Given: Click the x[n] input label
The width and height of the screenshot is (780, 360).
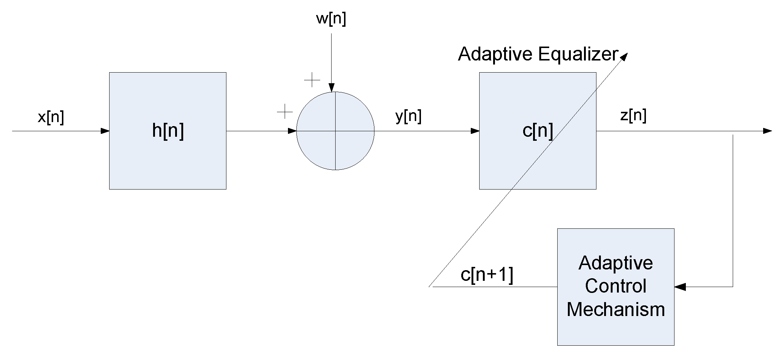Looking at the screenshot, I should [x=51, y=117].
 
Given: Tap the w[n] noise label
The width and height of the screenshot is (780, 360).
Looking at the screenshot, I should [x=331, y=19].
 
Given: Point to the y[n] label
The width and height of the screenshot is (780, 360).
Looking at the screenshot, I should [x=409, y=117].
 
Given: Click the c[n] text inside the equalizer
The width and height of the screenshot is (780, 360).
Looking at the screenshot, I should [x=537, y=130].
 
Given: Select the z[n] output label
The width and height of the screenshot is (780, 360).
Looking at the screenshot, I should [x=633, y=116].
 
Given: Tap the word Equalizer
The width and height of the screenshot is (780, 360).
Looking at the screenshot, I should [x=578, y=54].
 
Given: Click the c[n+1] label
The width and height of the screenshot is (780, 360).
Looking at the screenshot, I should [x=487, y=275].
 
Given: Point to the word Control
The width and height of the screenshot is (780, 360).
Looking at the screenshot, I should [x=616, y=286].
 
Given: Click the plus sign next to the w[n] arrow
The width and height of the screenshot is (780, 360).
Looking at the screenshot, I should [x=312, y=80].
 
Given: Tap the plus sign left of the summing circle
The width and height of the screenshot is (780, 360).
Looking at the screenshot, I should [x=285, y=111].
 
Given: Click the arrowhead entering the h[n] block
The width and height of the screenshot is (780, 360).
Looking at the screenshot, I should [x=105, y=131].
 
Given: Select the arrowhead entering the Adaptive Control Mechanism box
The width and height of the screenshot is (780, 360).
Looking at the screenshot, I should [x=680, y=287].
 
